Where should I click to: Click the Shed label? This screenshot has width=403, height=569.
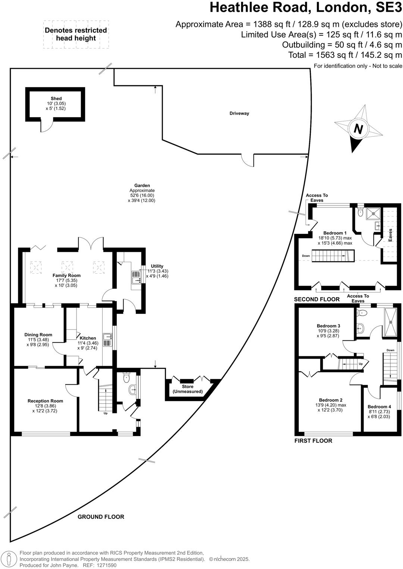(56, 99)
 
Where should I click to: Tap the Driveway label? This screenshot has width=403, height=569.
(239, 113)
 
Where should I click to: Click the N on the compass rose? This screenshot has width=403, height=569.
(358, 129)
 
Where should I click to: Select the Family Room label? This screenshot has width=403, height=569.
(66, 276)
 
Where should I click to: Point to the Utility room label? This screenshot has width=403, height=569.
(157, 266)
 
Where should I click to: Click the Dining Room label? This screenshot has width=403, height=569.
(38, 335)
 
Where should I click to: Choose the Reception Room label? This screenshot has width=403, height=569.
(45, 401)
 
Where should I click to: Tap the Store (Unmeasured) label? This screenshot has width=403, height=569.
(188, 389)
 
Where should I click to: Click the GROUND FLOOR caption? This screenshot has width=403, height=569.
(101, 516)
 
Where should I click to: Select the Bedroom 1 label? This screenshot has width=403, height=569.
(335, 233)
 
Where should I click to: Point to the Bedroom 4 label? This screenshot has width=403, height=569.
(379, 407)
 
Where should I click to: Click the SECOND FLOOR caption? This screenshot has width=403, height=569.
(317, 299)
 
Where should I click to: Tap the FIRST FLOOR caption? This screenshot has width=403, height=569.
(313, 441)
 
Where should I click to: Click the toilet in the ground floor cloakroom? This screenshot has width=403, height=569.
(126, 376)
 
